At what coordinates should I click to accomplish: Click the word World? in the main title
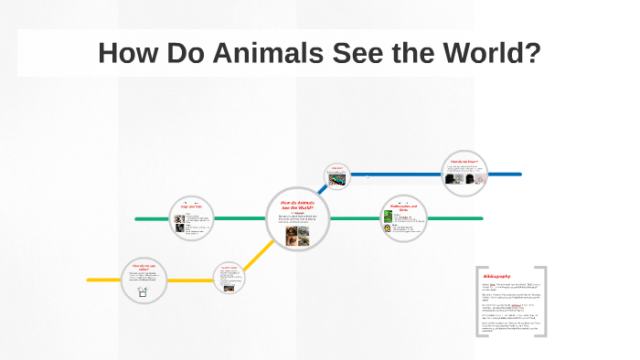pyautogui.click(x=485, y=54)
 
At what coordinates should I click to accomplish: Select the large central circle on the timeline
pyautogui.click(x=297, y=219)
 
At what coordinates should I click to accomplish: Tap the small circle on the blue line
pyautogui.click(x=337, y=176)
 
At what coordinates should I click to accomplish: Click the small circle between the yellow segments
pyautogui.click(x=229, y=278)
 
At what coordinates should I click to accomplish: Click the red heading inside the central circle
pyautogui.click(x=297, y=205)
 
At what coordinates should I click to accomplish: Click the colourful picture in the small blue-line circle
pyautogui.click(x=337, y=181)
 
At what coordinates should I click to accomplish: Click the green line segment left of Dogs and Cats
pyautogui.click(x=151, y=219)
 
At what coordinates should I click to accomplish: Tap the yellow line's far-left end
pyautogui.click(x=90, y=279)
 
